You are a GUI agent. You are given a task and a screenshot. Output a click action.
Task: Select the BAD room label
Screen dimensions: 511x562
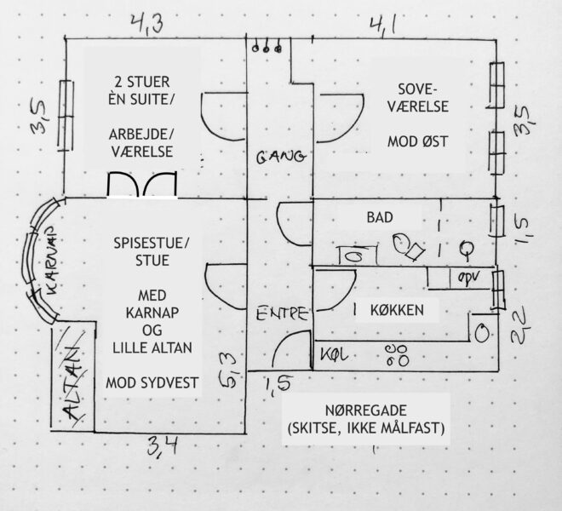click(380, 218)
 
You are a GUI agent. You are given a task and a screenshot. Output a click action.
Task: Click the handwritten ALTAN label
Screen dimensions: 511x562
click(73, 382)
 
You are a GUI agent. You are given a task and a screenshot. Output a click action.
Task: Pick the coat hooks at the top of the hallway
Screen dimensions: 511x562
click(271, 49)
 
